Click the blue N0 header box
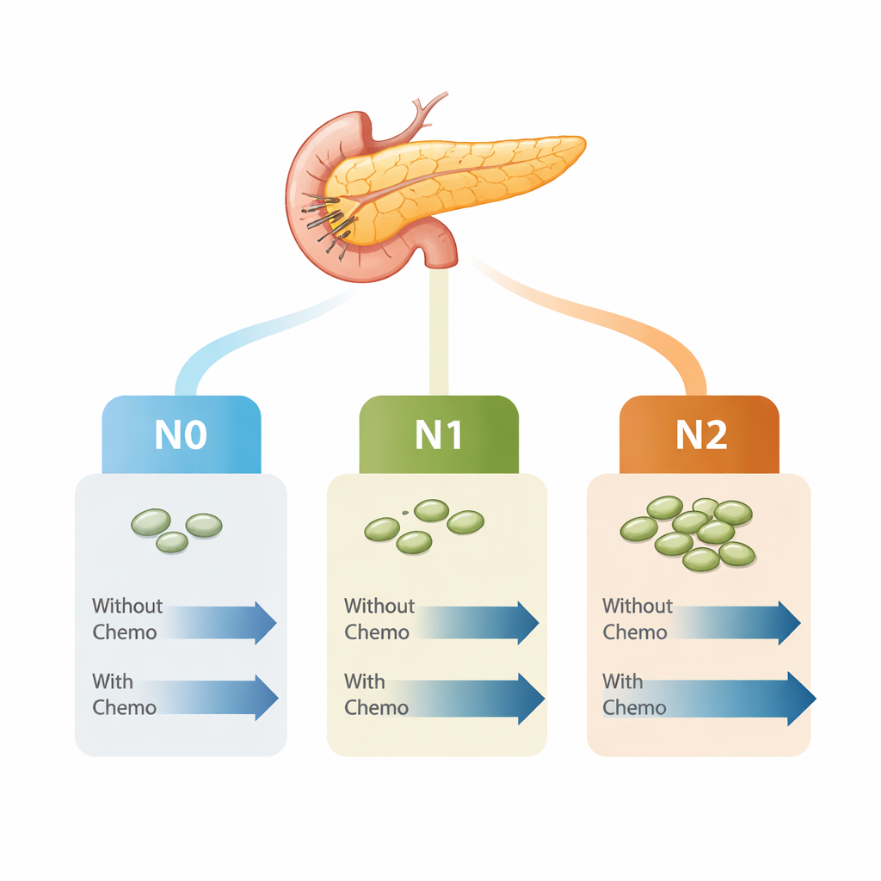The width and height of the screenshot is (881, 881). [182, 434]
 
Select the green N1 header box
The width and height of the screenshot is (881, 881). [439, 434]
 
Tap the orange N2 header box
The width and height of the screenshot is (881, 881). [699, 434]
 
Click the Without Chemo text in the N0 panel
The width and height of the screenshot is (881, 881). [126, 619]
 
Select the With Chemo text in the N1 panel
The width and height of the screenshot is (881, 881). [376, 695]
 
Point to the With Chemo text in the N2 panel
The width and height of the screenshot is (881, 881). [634, 695]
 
